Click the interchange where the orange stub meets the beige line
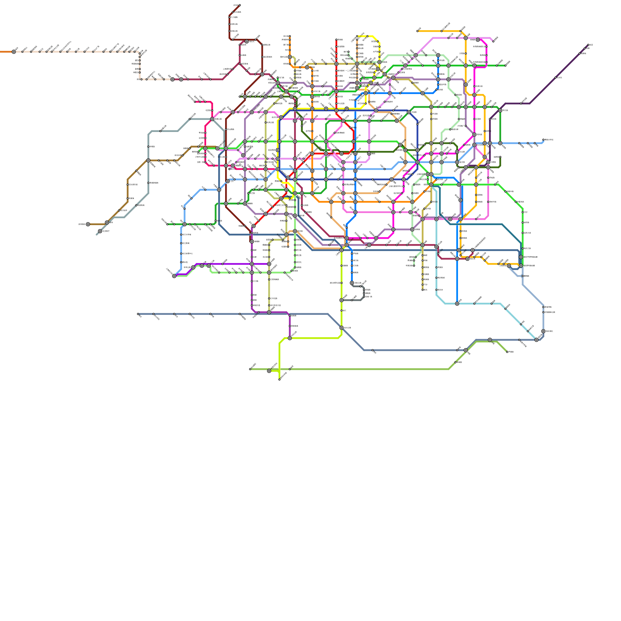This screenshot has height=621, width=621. (x=14, y=52)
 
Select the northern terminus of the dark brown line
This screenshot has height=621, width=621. (x=239, y=5)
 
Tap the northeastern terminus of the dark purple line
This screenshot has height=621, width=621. (x=588, y=45)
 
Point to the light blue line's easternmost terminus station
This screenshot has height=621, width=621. (x=543, y=140)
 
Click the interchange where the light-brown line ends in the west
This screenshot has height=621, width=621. (x=88, y=224)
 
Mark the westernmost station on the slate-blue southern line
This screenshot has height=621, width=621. (x=138, y=314)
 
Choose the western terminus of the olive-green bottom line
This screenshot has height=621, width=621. (x=250, y=369)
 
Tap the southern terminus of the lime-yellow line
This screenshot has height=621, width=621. (x=279, y=380)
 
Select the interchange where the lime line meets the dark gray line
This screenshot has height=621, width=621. (x=342, y=300)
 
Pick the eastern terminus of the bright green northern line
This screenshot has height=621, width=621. (x=505, y=66)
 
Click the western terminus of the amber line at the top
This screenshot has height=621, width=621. (x=417, y=31)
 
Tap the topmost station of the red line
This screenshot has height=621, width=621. (x=337, y=40)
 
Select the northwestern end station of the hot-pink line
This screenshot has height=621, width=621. (x=195, y=102)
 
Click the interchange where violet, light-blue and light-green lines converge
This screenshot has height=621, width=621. (x=174, y=276)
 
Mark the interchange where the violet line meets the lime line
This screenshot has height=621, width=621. (x=290, y=338)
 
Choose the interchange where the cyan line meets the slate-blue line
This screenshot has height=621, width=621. (x=536, y=340)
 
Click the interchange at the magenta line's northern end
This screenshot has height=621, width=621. (x=478, y=40)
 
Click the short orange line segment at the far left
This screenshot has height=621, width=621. (x=5, y=52)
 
